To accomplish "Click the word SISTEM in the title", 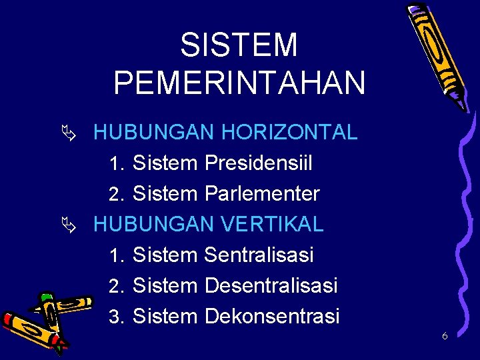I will point(239,46).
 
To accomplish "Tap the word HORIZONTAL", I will point(289,132).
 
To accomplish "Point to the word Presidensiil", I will point(259,163).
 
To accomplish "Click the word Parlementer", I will point(262,194).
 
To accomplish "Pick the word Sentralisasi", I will point(259,255).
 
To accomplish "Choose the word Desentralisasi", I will point(271,285).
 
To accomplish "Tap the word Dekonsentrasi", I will point(272,316).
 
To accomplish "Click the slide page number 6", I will point(445,336).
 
